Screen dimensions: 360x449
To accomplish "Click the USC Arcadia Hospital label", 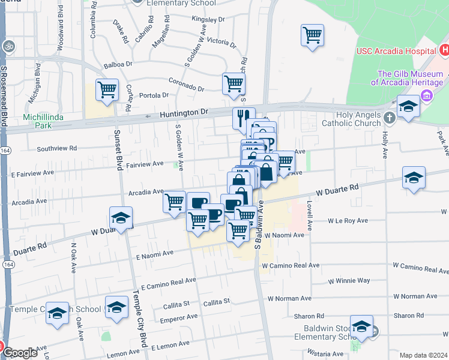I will click(393, 52).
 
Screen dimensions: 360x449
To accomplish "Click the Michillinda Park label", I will click(44, 120).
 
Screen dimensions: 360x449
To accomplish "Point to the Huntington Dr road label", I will click(183, 113).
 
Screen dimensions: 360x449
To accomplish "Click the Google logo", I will click(20, 353).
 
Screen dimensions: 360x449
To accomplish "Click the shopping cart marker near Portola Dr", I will click(107, 90).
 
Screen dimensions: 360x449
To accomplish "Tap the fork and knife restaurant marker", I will click(244, 118).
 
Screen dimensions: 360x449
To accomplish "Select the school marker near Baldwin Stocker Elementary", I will click(361, 326).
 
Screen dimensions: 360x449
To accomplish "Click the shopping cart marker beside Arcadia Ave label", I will click(174, 202).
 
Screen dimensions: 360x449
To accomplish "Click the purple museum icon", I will click(427, 95).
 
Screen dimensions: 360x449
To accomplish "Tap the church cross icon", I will click(390, 117).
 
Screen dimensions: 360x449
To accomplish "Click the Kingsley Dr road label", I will click(208, 19).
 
